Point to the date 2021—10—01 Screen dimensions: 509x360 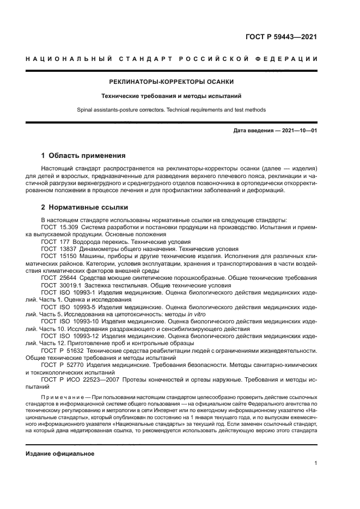click(x=298, y=131)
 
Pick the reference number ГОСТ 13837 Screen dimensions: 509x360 click(x=58, y=248)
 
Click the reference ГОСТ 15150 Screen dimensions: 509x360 click(x=58, y=255)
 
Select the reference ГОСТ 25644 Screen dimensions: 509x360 click(x=58, y=277)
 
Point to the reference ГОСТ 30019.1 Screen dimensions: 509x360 click(x=60, y=284)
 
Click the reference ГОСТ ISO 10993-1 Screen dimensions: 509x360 click(x=68, y=292)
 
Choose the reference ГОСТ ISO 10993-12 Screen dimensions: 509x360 click(x=70, y=336)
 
